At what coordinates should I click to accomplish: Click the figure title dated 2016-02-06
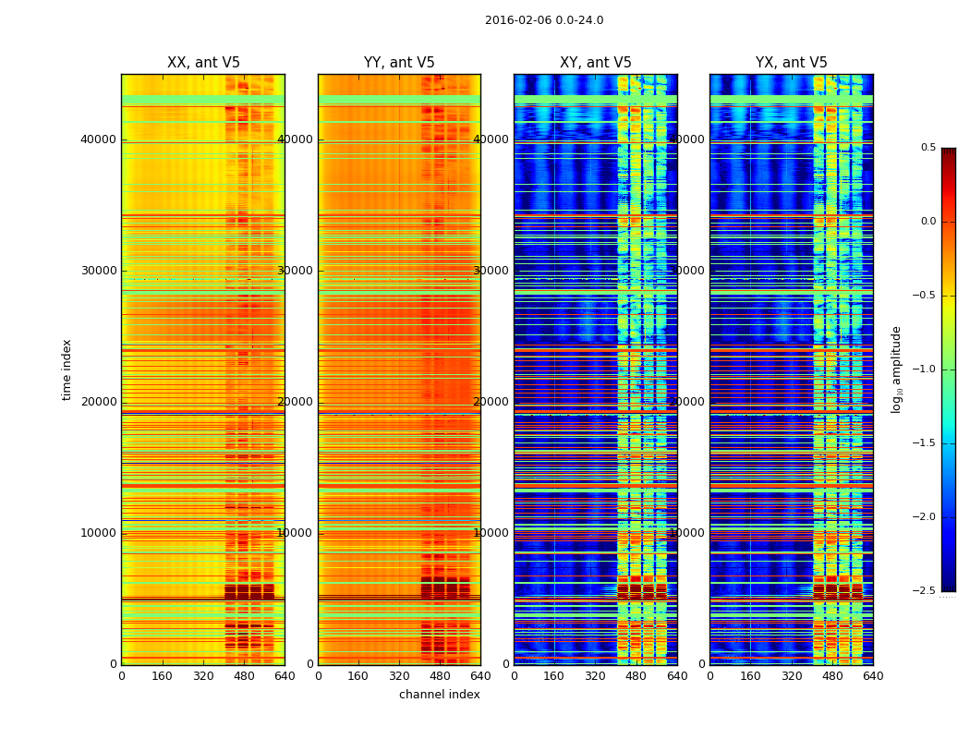pyautogui.click(x=544, y=20)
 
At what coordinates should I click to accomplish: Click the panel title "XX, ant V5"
pyautogui.click(x=203, y=63)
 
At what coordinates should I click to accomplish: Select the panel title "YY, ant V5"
pyautogui.click(x=399, y=63)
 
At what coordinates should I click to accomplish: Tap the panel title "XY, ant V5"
pyautogui.click(x=596, y=63)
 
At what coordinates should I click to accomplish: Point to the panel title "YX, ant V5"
pyautogui.click(x=792, y=63)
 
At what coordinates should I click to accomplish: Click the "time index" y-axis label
pyautogui.click(x=67, y=369)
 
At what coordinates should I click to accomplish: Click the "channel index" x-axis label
pyautogui.click(x=440, y=695)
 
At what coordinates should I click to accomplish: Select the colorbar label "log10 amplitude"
pyautogui.click(x=896, y=369)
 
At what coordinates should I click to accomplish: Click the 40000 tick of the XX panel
pyautogui.click(x=100, y=139)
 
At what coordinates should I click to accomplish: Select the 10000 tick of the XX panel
pyautogui.click(x=100, y=533)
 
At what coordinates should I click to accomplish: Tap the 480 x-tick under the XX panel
pyautogui.click(x=244, y=675)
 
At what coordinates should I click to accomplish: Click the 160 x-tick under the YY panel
pyautogui.click(x=358, y=675)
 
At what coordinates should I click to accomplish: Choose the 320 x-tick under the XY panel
pyautogui.click(x=595, y=675)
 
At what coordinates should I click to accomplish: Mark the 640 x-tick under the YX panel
pyautogui.click(x=873, y=675)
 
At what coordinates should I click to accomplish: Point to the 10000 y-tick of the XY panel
pyautogui.click(x=492, y=533)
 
